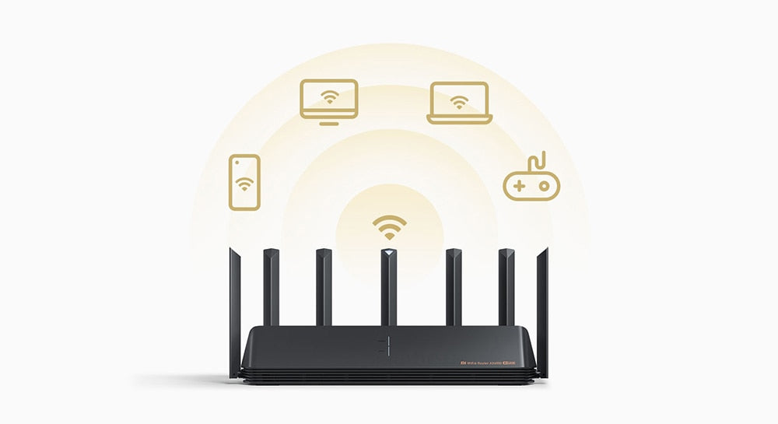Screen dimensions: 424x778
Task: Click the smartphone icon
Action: click(244, 181)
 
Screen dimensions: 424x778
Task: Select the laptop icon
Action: click(459, 103)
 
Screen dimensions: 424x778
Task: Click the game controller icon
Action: click(531, 183)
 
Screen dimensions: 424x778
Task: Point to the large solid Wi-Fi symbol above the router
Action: click(389, 227)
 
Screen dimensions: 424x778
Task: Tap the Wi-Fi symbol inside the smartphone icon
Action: click(245, 184)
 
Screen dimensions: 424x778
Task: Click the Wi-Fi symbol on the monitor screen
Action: click(330, 97)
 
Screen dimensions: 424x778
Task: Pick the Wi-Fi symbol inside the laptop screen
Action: click(460, 101)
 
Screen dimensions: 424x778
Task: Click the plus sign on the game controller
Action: click(517, 187)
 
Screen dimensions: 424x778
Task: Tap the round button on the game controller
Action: click(543, 187)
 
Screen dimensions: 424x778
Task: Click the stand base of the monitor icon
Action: click(329, 122)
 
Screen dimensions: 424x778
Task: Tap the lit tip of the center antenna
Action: click(389, 254)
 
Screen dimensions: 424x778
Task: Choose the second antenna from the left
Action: click(272, 288)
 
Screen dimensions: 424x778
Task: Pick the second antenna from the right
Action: click(506, 288)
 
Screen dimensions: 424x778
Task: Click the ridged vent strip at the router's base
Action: click(389, 376)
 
